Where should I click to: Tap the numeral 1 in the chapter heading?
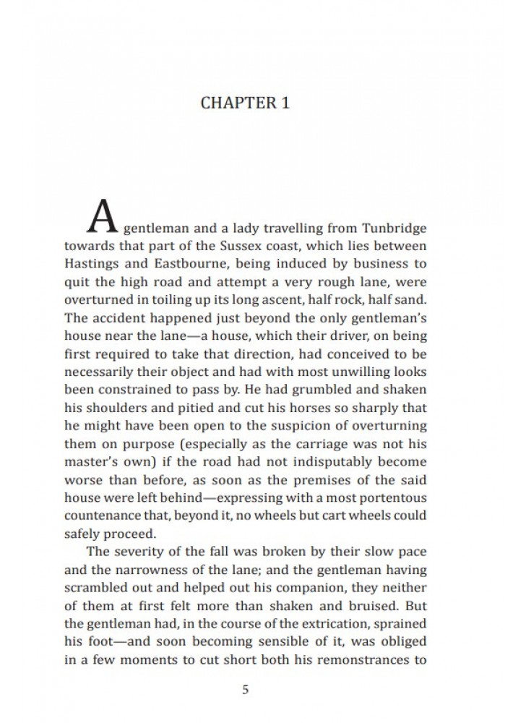tap(285, 102)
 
